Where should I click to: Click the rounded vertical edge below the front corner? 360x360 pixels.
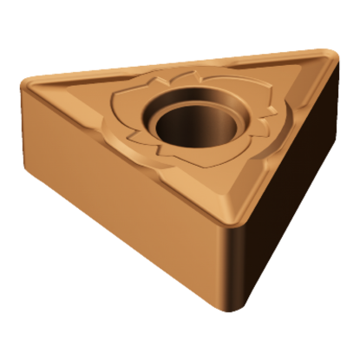(227, 269)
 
